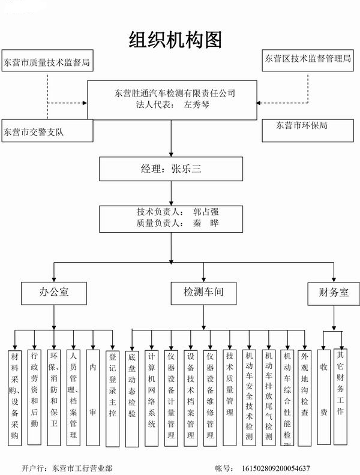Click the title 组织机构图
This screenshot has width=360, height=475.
coord(176,40)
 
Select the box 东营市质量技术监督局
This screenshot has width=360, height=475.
coord(47,62)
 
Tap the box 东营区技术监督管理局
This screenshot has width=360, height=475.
coord(307,59)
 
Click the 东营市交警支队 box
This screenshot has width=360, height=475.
coord(47,132)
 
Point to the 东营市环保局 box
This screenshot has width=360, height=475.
coord(306,127)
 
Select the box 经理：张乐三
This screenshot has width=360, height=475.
coord(171,169)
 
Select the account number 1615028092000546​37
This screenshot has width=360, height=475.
coord(275,467)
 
